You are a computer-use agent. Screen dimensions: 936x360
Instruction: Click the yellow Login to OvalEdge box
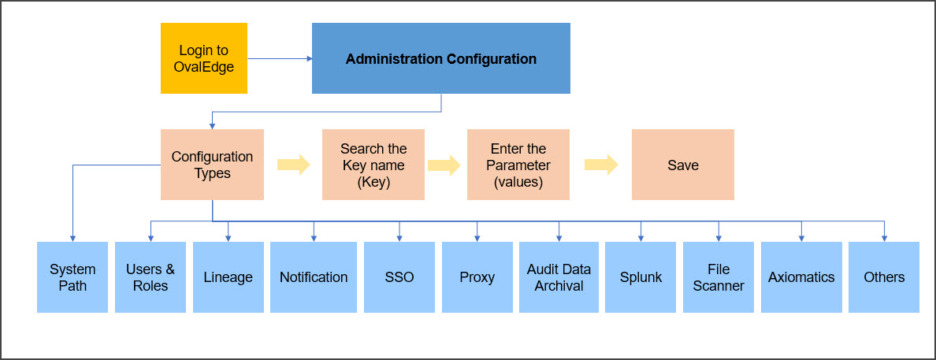[203, 58]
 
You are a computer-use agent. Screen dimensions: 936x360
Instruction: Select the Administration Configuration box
[441, 58]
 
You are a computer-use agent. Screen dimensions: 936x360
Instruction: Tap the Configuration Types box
[212, 165]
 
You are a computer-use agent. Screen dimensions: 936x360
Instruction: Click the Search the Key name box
[373, 165]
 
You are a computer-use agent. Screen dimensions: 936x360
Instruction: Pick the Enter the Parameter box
[518, 165]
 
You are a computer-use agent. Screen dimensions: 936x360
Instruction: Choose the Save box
[683, 165]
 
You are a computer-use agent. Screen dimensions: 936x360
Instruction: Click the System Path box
[72, 277]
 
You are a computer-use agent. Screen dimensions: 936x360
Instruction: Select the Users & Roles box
[150, 277]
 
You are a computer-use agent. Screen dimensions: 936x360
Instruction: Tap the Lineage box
[228, 277]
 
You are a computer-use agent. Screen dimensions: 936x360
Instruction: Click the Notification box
[314, 277]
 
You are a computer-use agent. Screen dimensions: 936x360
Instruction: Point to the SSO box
[399, 277]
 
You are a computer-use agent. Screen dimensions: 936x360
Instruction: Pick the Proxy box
[477, 277]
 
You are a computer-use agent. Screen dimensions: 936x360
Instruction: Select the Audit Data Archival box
[559, 277]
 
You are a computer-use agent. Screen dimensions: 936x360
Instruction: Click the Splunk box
[641, 277]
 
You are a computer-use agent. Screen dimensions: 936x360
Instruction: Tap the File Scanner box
[718, 277]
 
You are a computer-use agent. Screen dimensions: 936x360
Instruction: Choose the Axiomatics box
[801, 277]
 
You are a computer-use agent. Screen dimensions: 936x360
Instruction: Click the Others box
[884, 277]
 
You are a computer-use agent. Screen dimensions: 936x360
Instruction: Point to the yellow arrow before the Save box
[601, 165]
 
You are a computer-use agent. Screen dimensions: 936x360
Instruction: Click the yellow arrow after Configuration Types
[294, 165]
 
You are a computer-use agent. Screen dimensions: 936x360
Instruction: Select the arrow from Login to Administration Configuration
[280, 58]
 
